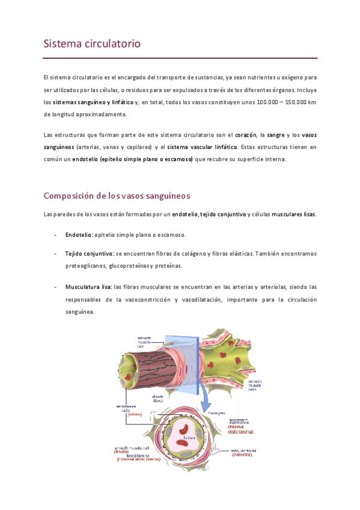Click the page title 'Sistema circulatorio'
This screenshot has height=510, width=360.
[x=92, y=44]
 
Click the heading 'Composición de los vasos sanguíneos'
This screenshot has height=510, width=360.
[x=117, y=195]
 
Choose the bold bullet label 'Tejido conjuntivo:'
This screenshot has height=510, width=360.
[x=90, y=254]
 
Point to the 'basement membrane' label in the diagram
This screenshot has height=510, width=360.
[x=248, y=423]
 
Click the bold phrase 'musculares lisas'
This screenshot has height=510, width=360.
[x=294, y=215]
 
